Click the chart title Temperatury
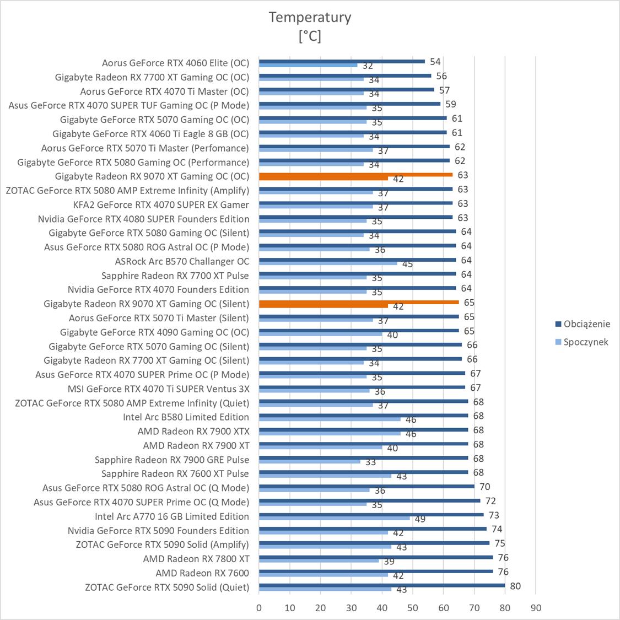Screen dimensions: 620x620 click(x=310, y=17)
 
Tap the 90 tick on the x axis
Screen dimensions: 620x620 click(x=536, y=608)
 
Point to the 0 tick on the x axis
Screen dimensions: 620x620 click(x=259, y=608)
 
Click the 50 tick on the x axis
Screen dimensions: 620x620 click(x=413, y=608)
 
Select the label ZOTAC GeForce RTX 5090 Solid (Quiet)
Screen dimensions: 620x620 click(x=167, y=587)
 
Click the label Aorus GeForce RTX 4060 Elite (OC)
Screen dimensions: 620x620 click(x=175, y=63)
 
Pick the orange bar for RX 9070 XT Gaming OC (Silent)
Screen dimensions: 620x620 click(x=359, y=302)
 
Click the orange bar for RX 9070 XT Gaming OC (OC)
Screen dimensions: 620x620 click(x=355, y=175)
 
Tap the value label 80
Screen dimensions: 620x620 click(x=515, y=586)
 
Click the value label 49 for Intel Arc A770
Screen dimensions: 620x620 click(x=420, y=519)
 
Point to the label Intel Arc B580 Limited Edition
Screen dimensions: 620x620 click(x=186, y=417)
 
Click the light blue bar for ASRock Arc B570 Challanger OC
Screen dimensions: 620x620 click(x=328, y=263)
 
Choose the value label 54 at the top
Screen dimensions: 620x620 click(x=435, y=62)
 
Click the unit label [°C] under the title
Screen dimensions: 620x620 click(x=310, y=36)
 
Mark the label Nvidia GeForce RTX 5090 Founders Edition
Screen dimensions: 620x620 click(x=158, y=530)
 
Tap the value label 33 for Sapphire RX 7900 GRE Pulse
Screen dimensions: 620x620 click(x=370, y=462)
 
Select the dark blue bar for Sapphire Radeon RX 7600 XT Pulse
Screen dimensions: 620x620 click(x=363, y=472)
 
